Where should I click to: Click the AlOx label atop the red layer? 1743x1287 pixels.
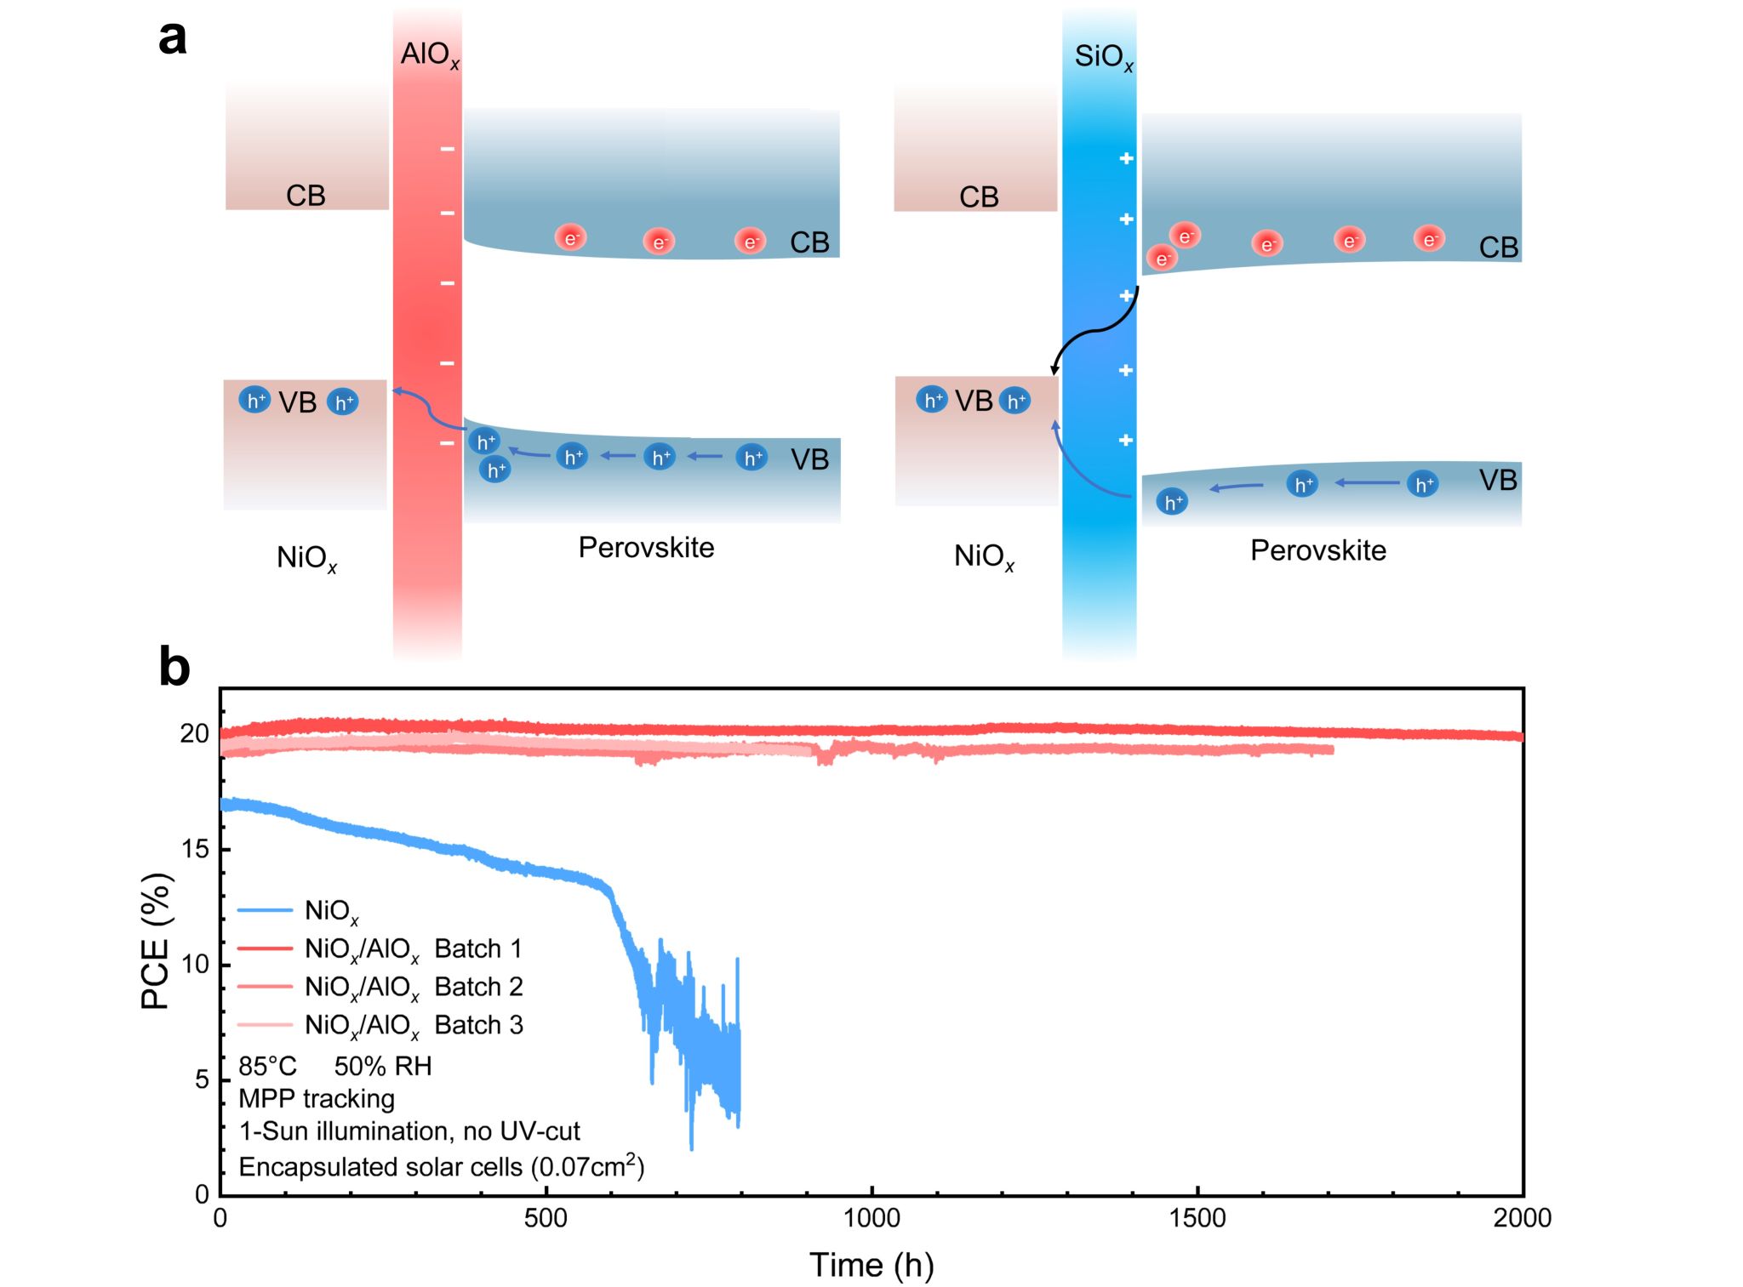[x=430, y=54]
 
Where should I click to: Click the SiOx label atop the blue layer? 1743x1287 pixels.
[x=1103, y=57]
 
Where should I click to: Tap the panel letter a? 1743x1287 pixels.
[x=173, y=38]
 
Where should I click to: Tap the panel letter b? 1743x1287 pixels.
[x=174, y=667]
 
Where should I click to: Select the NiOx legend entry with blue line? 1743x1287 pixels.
[x=331, y=911]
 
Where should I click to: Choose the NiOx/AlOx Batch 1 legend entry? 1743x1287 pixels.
[x=413, y=948]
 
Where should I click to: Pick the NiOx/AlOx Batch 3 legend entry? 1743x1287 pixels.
[x=413, y=1025]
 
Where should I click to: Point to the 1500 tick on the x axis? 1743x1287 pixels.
[x=1197, y=1218]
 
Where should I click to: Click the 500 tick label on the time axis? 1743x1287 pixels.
[x=546, y=1218]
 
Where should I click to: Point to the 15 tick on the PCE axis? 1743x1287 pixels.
[x=195, y=849]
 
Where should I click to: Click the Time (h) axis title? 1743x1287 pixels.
[x=871, y=1265]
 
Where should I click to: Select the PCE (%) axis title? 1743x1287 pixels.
[x=157, y=941]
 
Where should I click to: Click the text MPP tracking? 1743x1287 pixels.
[x=317, y=1098]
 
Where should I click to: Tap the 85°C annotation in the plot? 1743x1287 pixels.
[x=267, y=1066]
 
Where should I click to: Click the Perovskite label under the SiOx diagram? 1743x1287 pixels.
[x=1317, y=550]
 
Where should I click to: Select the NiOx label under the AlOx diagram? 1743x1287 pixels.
[x=306, y=558]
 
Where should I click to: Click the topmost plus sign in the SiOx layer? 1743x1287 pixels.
[x=1126, y=158]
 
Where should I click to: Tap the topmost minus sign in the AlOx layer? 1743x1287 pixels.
[x=448, y=150]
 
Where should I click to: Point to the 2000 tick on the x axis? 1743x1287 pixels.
[x=1522, y=1218]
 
